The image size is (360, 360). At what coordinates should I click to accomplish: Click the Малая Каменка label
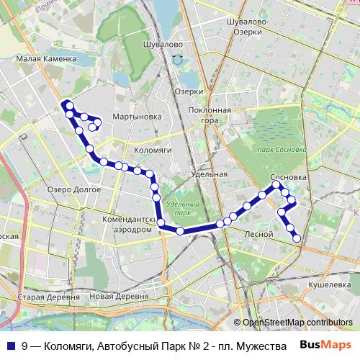point(46,59)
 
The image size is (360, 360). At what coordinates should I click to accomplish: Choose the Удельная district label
point(210,174)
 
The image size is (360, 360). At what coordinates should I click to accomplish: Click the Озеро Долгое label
point(69,189)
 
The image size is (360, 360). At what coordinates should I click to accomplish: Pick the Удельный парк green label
point(177,209)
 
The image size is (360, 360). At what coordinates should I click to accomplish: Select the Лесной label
point(258,235)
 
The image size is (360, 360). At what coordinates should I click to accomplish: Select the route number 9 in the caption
point(25,345)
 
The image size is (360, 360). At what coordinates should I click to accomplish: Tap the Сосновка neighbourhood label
point(289,176)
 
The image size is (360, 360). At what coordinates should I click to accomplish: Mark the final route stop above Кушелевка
point(297,238)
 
